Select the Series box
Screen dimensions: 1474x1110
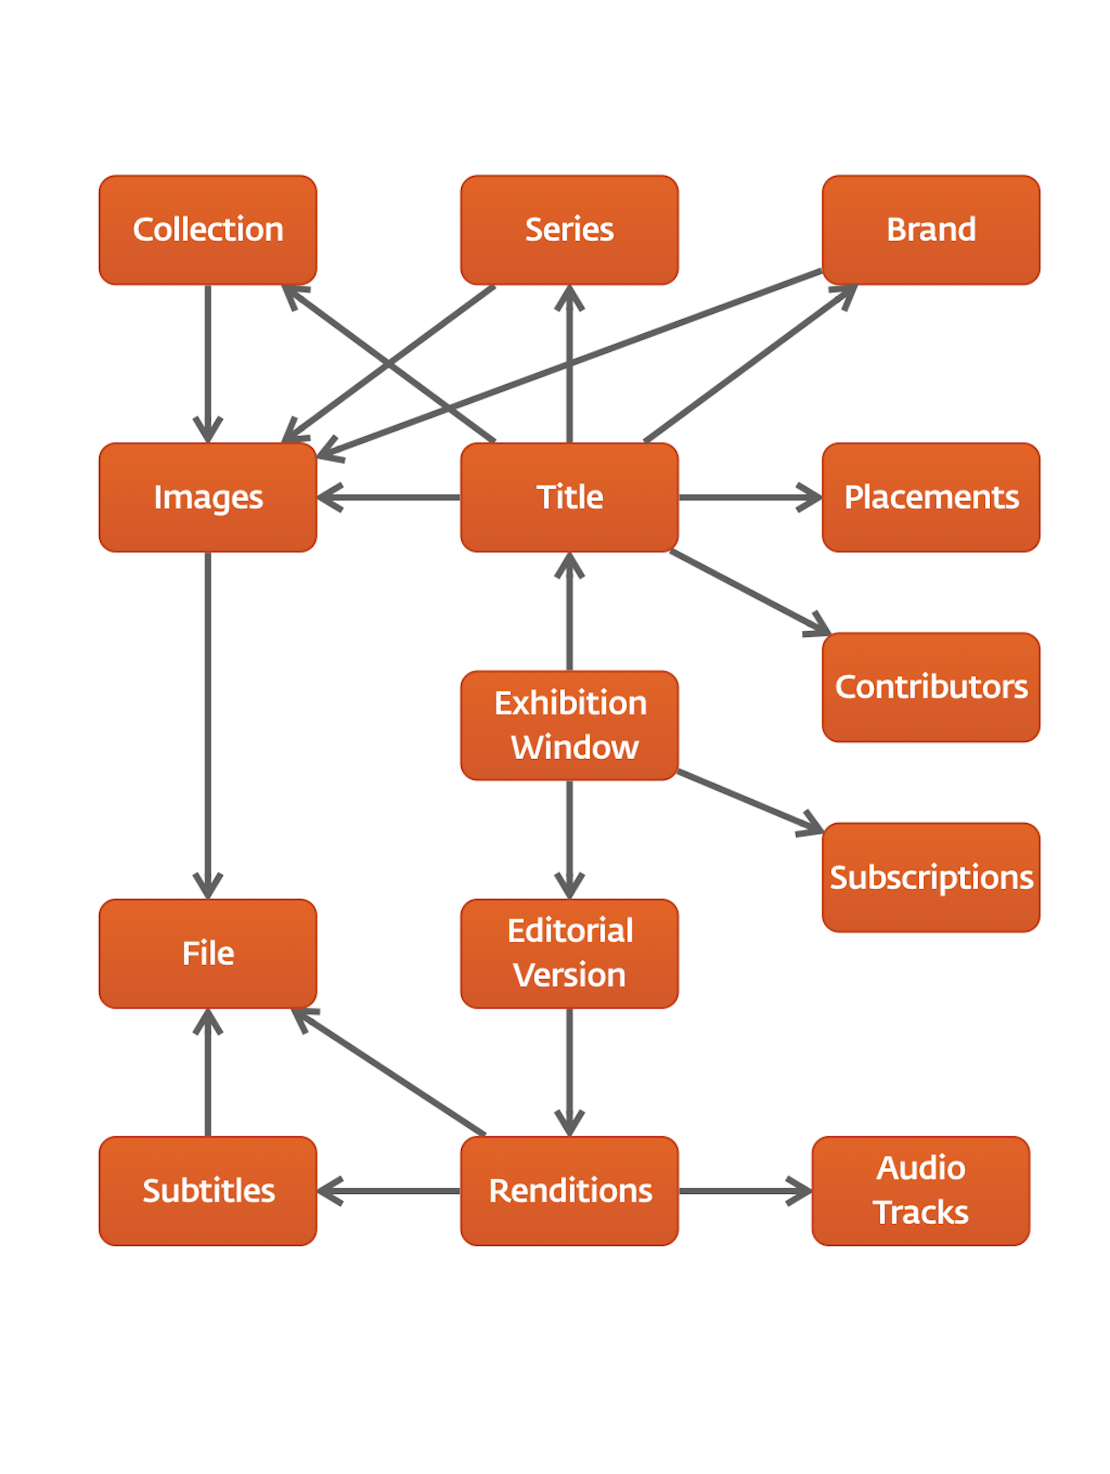[x=569, y=230]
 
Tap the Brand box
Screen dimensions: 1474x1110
[x=930, y=230]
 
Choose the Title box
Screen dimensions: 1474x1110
[x=569, y=497]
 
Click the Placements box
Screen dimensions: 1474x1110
[x=930, y=497]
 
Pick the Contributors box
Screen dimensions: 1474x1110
[x=930, y=687]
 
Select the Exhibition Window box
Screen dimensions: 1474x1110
[x=569, y=725]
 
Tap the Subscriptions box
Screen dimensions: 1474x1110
[x=930, y=877]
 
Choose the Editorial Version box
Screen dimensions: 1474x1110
[x=569, y=953]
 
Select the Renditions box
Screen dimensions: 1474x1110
[x=569, y=1191]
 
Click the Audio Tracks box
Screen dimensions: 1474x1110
[x=920, y=1191]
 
